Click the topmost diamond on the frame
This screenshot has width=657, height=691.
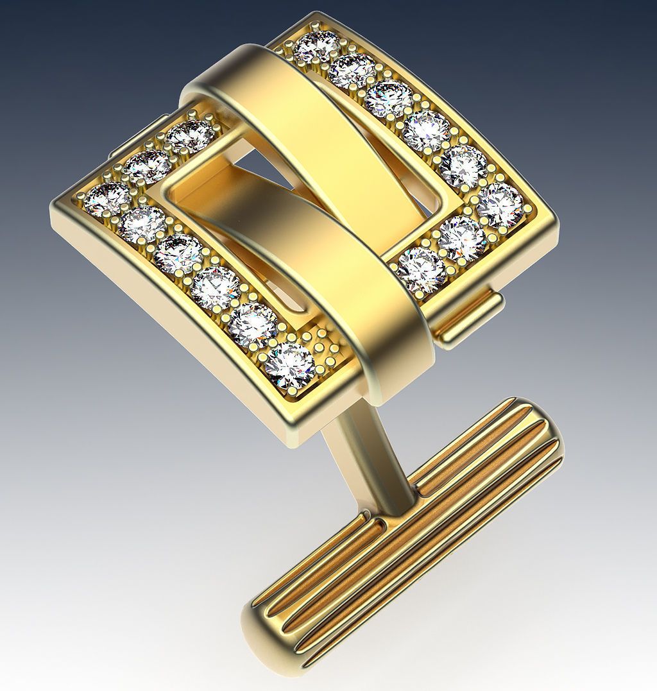(318, 47)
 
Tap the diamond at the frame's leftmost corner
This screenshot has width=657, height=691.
(107, 198)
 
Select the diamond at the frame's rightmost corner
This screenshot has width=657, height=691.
(500, 205)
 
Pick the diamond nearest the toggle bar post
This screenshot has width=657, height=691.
(289, 366)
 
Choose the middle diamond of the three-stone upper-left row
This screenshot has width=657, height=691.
(147, 167)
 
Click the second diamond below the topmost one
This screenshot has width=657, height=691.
(388, 99)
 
